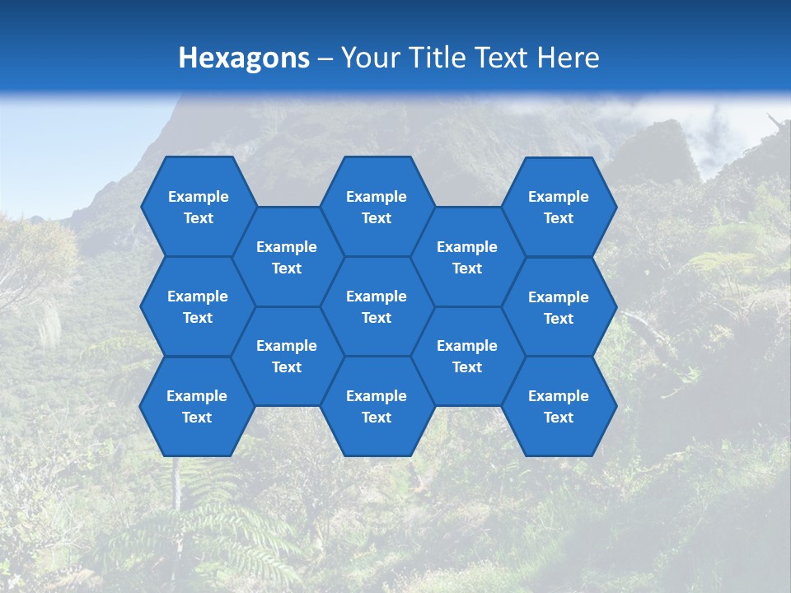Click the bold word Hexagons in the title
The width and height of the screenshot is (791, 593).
click(x=244, y=58)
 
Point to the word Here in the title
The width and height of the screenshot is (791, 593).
click(x=568, y=58)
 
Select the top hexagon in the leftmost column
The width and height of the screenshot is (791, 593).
click(x=198, y=207)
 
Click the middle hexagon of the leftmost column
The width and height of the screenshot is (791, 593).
click(x=198, y=306)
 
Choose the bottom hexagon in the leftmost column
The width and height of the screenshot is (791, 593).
click(x=197, y=406)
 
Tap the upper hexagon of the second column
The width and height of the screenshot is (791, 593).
click(x=287, y=257)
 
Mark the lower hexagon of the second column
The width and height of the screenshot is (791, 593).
click(x=287, y=356)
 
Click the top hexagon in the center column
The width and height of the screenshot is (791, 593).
click(x=377, y=207)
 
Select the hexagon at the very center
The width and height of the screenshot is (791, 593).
click(x=377, y=306)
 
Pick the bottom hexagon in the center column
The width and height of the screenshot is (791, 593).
click(x=377, y=406)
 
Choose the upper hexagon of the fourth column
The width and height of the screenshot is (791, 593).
click(x=467, y=257)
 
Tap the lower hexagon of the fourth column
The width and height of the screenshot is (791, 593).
click(x=467, y=356)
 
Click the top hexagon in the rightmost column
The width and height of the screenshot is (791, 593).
click(x=559, y=207)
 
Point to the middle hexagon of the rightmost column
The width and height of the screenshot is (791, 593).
click(x=559, y=307)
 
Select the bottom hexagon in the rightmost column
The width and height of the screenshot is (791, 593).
click(x=559, y=406)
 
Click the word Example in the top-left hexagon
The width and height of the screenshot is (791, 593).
click(x=198, y=197)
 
